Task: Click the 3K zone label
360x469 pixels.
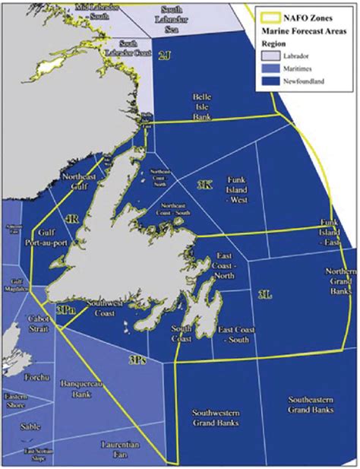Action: pyautogui.click(x=204, y=185)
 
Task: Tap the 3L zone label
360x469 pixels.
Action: pyautogui.click(x=264, y=294)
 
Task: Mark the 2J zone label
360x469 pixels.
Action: pyautogui.click(x=165, y=55)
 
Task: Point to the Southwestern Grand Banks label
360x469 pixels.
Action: pyautogui.click(x=216, y=417)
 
